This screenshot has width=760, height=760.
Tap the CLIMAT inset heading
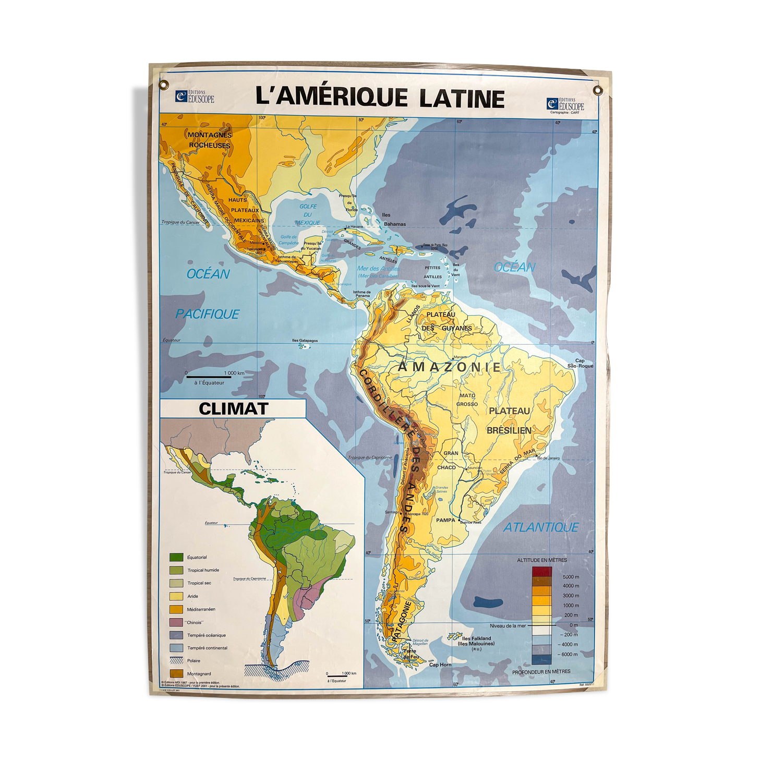click(x=233, y=408)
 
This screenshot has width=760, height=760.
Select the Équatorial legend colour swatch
click(x=176, y=557)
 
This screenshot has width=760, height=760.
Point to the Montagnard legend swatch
click(x=176, y=673)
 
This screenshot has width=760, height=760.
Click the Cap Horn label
click(x=440, y=665)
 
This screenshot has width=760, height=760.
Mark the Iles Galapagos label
click(x=305, y=341)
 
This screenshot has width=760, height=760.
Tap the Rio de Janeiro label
click(x=548, y=458)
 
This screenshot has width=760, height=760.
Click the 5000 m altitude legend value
click(x=570, y=577)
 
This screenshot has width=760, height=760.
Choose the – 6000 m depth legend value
click(x=569, y=654)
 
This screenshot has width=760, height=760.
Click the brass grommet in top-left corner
click(x=164, y=84)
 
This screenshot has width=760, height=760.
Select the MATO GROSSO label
click(x=467, y=400)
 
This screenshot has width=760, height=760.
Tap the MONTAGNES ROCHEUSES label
click(x=209, y=140)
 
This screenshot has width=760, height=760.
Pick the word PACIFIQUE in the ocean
click(x=207, y=314)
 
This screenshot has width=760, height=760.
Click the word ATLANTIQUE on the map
click(x=540, y=527)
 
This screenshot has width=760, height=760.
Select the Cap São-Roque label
click(x=580, y=363)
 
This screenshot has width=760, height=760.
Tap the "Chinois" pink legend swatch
click(x=176, y=622)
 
